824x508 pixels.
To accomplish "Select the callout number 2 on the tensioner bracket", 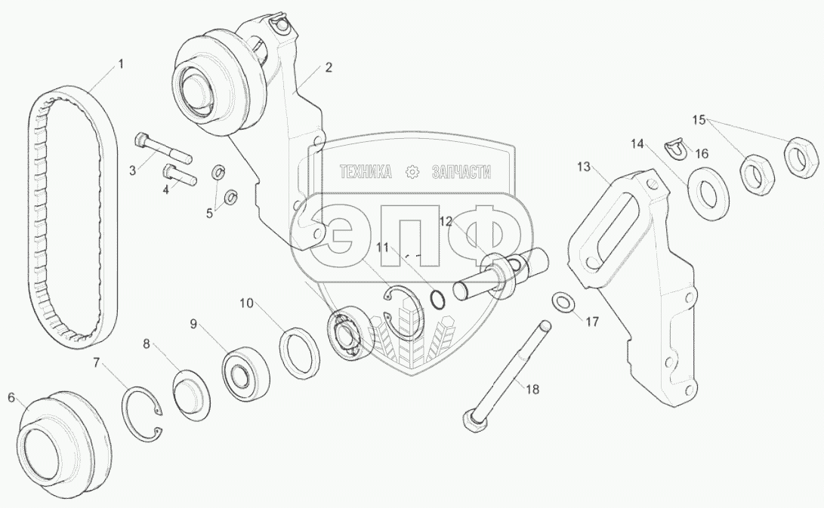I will (x=329, y=68).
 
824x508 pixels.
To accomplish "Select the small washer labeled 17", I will (x=562, y=303).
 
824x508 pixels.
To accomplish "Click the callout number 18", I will (x=533, y=390).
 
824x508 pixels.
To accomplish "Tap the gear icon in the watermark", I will (x=412, y=172).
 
